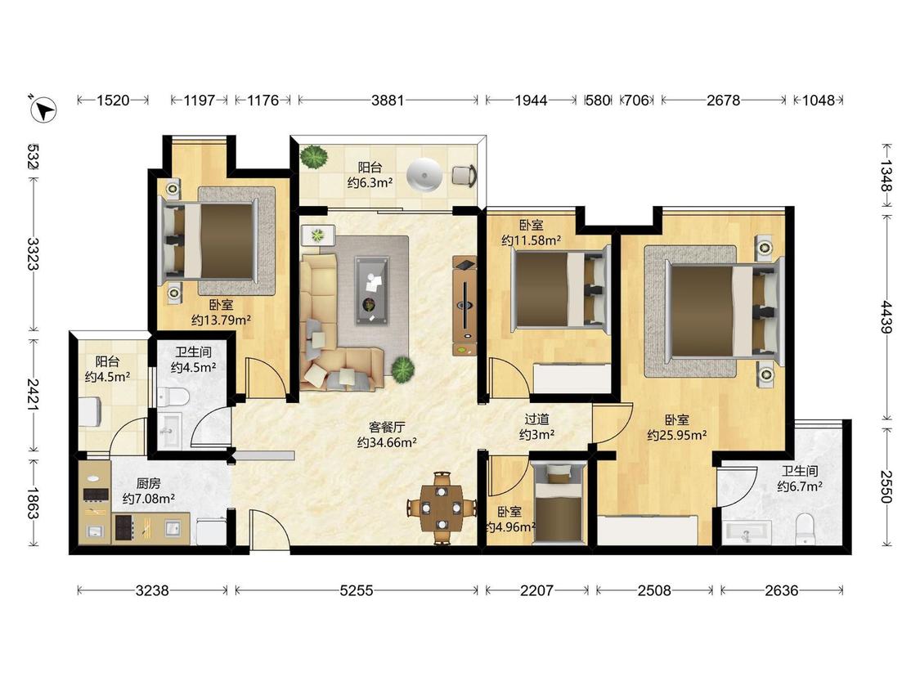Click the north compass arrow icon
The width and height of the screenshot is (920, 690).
click(43, 109)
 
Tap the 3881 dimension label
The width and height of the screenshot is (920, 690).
click(388, 101)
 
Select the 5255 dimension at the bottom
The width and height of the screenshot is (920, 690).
click(357, 590)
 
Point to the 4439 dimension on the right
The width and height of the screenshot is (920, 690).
click(886, 317)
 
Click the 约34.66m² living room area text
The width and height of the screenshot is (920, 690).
click(388, 443)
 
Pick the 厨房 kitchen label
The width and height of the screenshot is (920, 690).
click(149, 483)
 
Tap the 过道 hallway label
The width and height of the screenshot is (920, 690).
click(536, 419)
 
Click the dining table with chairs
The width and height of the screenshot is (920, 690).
click(442, 509)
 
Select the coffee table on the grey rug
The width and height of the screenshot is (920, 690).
click(370, 290)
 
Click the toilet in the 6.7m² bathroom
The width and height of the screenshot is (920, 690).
click(804, 529)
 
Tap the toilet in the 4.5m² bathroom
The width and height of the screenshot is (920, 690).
click(173, 397)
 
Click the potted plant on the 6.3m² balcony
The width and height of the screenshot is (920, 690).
click(315, 157)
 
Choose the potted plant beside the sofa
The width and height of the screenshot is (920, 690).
click(402, 370)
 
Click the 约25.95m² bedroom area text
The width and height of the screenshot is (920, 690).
click(677, 436)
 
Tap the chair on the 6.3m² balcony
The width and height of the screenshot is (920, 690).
click(464, 176)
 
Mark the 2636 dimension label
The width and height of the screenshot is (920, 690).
click(782, 590)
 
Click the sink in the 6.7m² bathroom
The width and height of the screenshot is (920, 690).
click(747, 533)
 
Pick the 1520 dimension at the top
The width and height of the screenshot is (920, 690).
click(113, 101)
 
